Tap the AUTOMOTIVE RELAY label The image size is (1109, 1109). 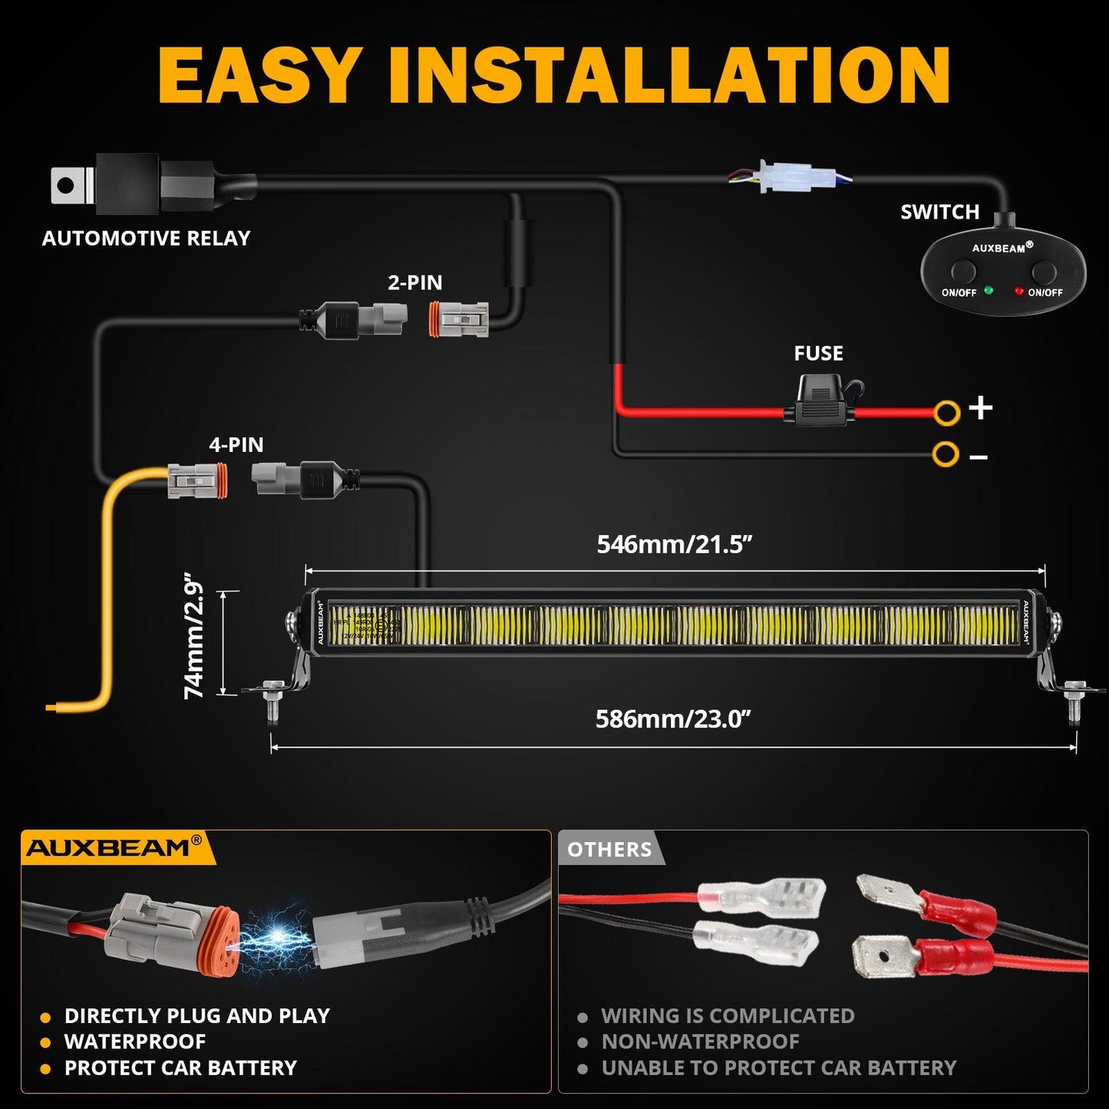(146, 239)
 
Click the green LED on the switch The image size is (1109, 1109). (989, 291)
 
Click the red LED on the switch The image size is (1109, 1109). (1018, 292)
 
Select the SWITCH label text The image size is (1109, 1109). (939, 212)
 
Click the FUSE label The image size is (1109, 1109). (818, 353)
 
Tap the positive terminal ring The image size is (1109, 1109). (946, 413)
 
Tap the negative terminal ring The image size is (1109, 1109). (946, 454)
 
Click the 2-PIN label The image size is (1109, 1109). (414, 282)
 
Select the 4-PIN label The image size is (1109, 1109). (236, 444)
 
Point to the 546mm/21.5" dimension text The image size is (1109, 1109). (674, 544)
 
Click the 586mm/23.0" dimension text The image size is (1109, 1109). (672, 719)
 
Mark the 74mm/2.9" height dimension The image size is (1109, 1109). (195, 635)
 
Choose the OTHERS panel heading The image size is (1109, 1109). (609, 850)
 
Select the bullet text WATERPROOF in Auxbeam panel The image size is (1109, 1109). (135, 1041)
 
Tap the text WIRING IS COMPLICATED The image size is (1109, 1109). (728, 1015)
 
